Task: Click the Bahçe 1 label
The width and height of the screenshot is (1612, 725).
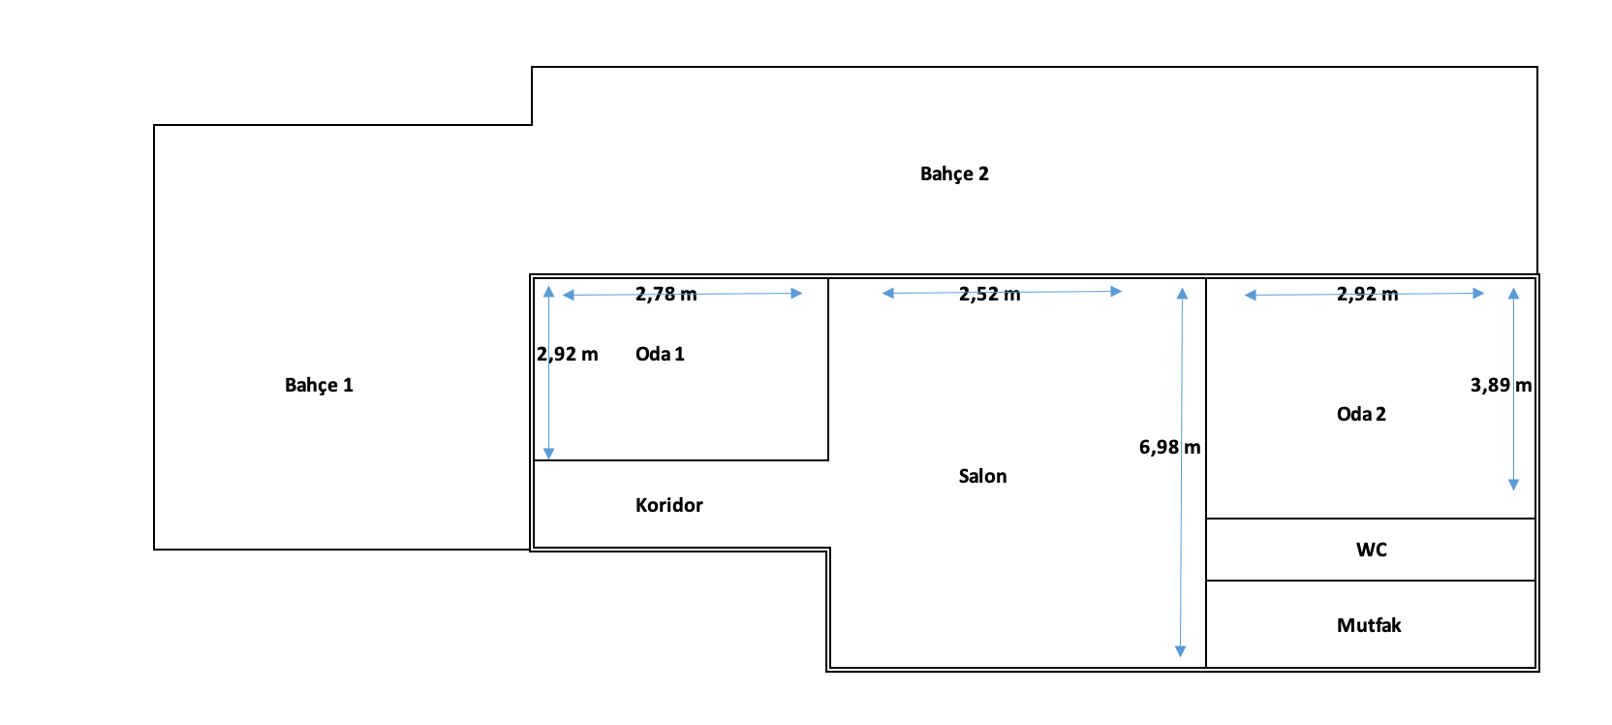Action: tap(319, 385)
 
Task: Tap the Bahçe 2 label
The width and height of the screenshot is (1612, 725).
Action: tap(954, 173)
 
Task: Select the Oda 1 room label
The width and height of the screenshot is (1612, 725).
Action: tap(660, 354)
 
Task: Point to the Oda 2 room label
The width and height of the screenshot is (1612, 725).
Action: tap(1361, 414)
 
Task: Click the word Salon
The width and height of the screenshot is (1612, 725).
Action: tap(982, 476)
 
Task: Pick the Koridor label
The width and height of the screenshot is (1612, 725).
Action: tap(668, 505)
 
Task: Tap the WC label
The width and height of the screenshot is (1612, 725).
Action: tap(1371, 550)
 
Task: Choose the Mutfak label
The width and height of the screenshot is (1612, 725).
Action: tap(1368, 625)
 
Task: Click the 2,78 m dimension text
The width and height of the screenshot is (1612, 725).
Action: tap(666, 294)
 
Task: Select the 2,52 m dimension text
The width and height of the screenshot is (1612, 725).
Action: tap(989, 294)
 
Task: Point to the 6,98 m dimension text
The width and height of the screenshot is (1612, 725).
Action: tap(1169, 447)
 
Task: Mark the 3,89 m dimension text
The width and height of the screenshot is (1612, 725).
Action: tap(1501, 385)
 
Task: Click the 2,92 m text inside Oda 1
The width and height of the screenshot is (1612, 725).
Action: tap(568, 354)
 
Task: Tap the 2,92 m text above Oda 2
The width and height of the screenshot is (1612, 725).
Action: tap(1367, 294)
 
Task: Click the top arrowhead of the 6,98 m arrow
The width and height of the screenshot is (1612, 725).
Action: tap(1182, 293)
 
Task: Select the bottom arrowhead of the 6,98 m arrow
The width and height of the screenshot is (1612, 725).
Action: tap(1180, 652)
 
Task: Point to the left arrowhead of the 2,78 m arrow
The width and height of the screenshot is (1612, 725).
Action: tap(569, 295)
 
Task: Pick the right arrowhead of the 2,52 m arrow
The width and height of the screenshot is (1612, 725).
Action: tap(1116, 291)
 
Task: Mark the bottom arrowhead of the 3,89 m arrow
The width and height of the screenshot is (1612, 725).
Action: tap(1513, 485)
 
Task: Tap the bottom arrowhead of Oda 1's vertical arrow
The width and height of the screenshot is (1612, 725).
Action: tap(548, 454)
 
